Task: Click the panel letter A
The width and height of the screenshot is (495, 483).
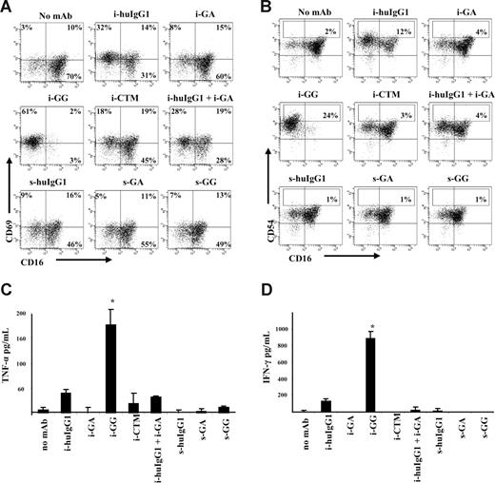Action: pyautogui.click(x=8, y=8)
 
